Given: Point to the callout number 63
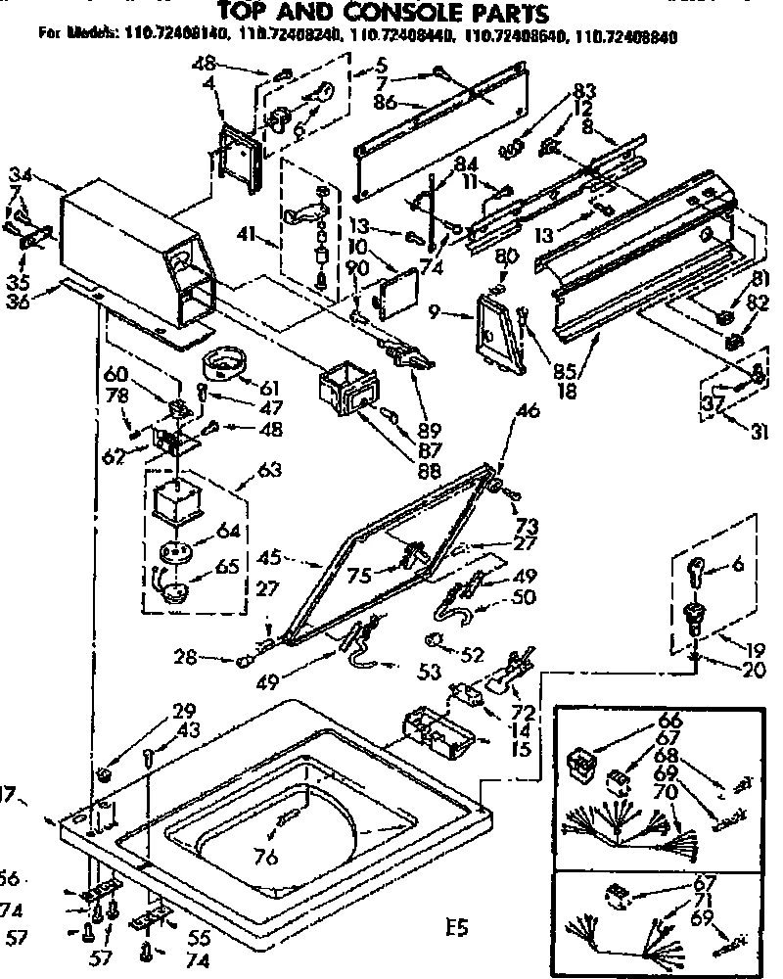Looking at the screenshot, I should coord(268,471).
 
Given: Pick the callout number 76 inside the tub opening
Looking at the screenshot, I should coord(266,859).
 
